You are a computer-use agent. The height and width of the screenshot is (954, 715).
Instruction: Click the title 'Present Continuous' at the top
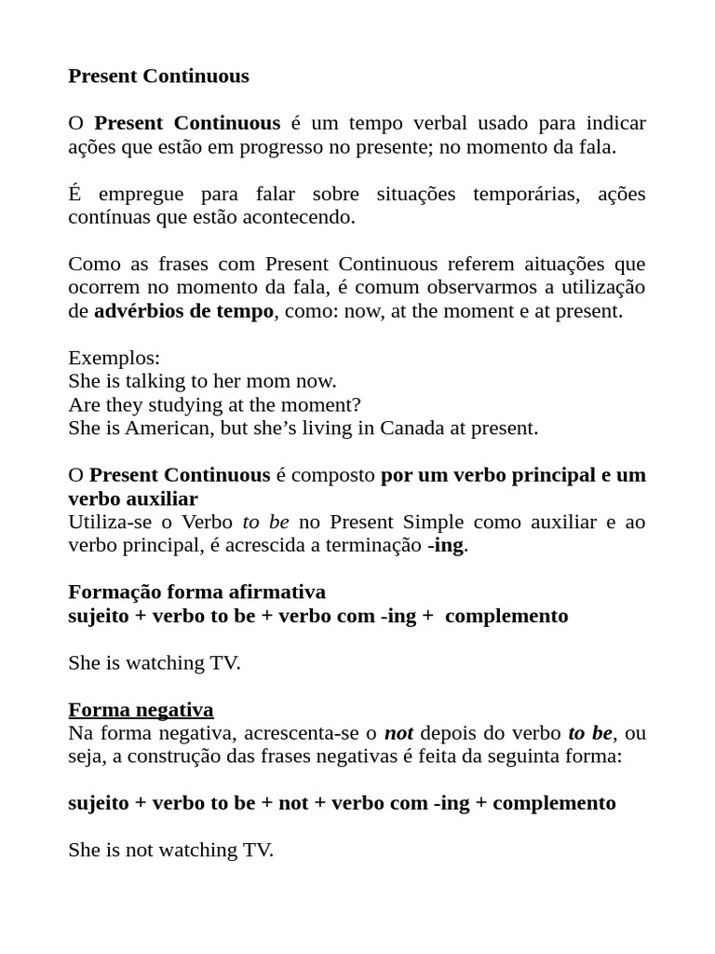(x=158, y=76)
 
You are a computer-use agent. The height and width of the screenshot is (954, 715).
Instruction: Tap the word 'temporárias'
(x=529, y=194)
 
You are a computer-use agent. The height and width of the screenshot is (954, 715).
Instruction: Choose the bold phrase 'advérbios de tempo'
(x=183, y=311)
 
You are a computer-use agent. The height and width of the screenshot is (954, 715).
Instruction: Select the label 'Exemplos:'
(x=114, y=358)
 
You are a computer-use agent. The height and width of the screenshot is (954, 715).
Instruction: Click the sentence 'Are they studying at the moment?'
(x=214, y=404)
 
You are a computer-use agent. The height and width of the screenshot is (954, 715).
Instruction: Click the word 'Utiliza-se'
(x=111, y=522)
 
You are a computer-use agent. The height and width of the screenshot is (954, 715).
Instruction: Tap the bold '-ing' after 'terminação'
(x=445, y=546)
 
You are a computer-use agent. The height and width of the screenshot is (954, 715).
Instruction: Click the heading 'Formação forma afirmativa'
(x=196, y=593)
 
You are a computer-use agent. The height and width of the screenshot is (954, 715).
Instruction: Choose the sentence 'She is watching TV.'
(x=155, y=663)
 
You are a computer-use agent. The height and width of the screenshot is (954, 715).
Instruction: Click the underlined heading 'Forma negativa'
(x=141, y=710)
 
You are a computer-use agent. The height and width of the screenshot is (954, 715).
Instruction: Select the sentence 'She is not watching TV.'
(x=170, y=850)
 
